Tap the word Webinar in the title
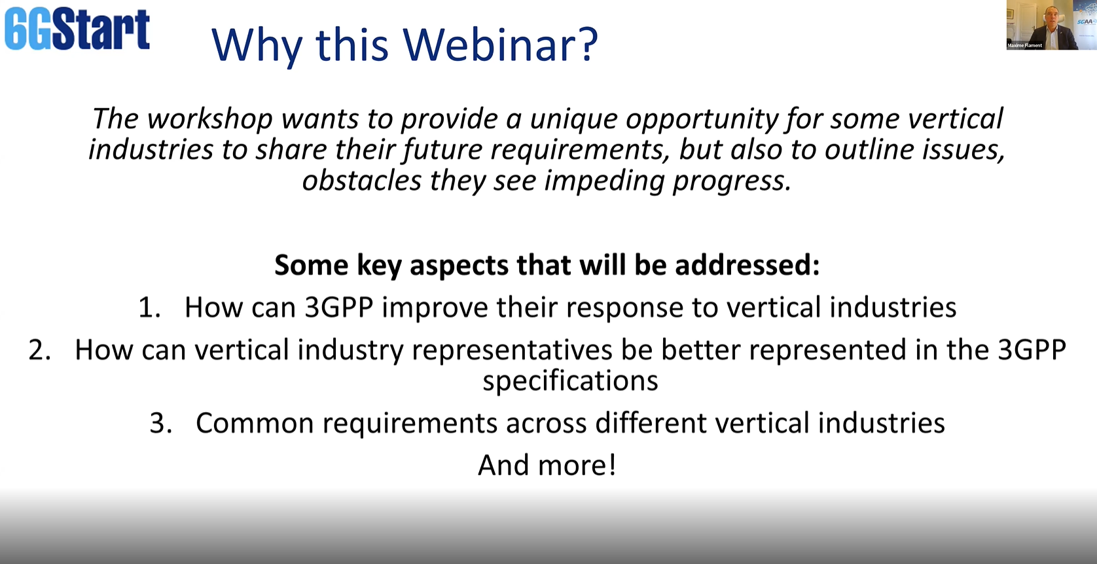(500, 45)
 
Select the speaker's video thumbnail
(1051, 25)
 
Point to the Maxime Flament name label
(1024, 46)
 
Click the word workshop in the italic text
(209, 119)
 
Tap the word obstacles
(361, 181)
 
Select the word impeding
(604, 181)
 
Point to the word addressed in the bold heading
(747, 265)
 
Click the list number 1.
(149, 309)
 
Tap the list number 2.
(39, 350)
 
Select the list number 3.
(160, 423)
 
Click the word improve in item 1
(435, 309)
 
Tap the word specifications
(570, 381)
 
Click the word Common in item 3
(255, 423)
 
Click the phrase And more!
(547, 465)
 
